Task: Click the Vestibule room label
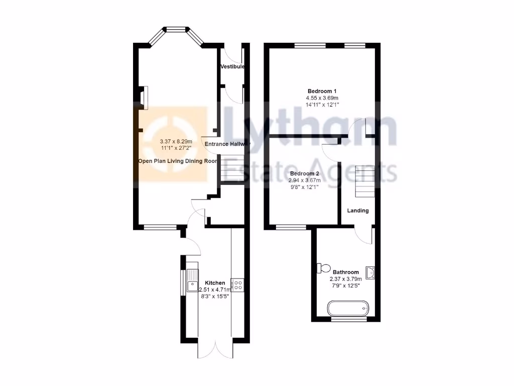pyautogui.click(x=232, y=66)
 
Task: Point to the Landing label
pyautogui.click(x=358, y=211)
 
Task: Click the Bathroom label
pyautogui.click(x=345, y=272)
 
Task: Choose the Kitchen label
pyautogui.click(x=214, y=283)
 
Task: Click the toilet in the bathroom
pyautogui.click(x=322, y=267)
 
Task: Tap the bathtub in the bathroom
pyautogui.click(x=348, y=308)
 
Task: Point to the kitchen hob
pyautogui.click(x=237, y=285)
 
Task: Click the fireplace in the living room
pyautogui.click(x=144, y=98)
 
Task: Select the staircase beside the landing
pyautogui.click(x=364, y=181)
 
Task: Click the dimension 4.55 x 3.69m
pyautogui.click(x=322, y=98)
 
